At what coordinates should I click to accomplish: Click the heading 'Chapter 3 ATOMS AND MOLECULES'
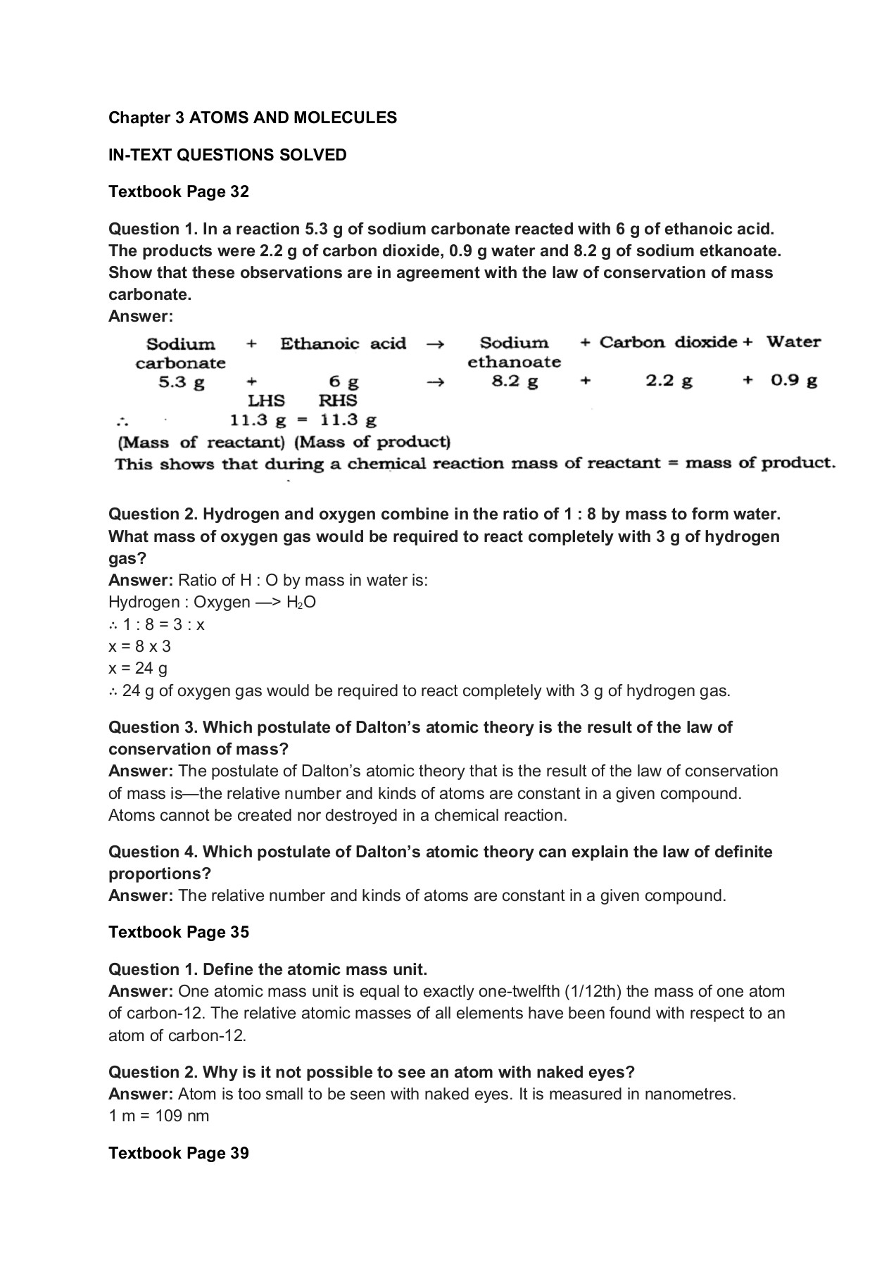click(x=252, y=118)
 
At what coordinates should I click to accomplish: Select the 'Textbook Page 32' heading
click(x=178, y=191)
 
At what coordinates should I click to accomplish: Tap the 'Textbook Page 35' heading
click(x=178, y=932)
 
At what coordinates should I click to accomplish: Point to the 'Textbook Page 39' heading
click(x=178, y=1153)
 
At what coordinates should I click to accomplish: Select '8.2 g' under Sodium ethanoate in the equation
click(x=515, y=382)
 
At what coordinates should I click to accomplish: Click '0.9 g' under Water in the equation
click(x=793, y=381)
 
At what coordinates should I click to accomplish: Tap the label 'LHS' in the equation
click(x=266, y=401)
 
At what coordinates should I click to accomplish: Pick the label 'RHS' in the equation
click(x=338, y=401)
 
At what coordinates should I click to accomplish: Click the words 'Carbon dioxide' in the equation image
click(x=667, y=342)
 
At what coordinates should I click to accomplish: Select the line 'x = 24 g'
click(x=138, y=668)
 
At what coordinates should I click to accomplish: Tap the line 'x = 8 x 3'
click(x=139, y=646)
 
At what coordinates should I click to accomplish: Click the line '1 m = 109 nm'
click(x=159, y=1116)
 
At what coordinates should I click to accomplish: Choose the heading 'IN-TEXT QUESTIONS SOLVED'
click(x=227, y=155)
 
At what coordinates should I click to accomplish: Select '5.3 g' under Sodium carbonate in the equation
click(x=181, y=382)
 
